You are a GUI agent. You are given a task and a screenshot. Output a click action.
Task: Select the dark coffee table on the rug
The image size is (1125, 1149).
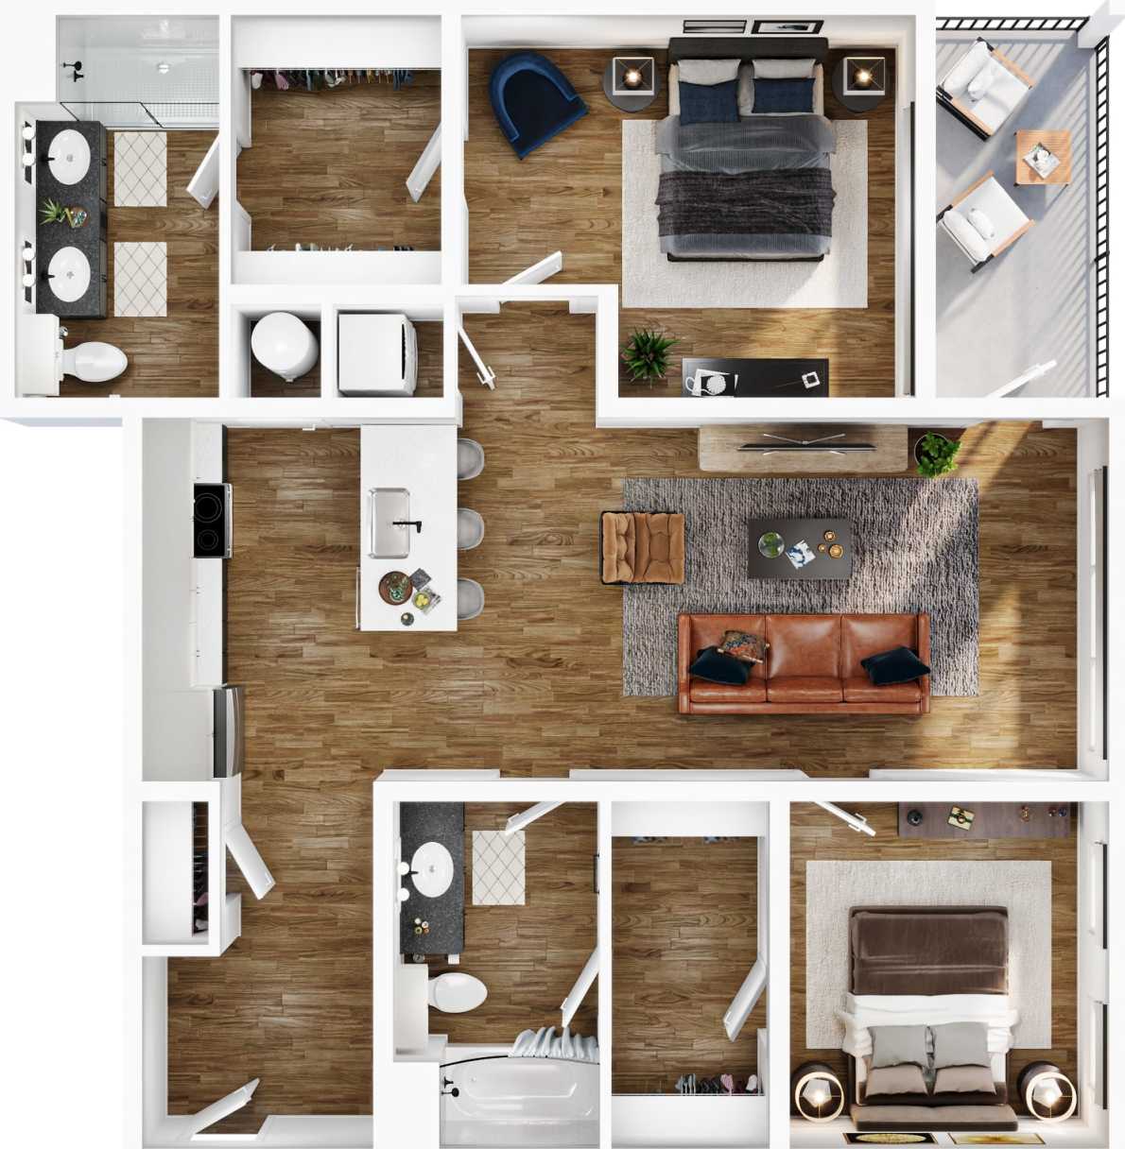point(799,548)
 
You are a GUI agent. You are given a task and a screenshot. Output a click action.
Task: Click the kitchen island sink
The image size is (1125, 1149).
point(389,523)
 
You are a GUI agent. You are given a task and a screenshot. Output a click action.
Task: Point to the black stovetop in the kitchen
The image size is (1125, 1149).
point(212,520)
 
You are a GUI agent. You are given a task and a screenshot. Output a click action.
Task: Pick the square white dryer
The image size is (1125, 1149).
point(377,352)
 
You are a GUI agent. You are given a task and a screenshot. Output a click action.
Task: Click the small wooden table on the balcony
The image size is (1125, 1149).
point(1044,157)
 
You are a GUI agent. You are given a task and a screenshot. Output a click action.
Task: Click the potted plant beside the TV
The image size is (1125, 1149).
point(936,454)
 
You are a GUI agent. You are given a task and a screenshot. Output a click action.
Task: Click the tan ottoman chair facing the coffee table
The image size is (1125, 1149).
point(644,547)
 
